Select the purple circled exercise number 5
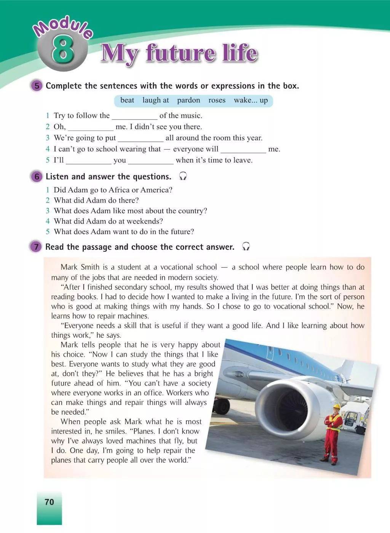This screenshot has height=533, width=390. [37, 86]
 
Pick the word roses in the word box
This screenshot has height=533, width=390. [217, 100]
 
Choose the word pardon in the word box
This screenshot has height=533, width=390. [188, 100]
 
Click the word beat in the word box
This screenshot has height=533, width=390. [127, 100]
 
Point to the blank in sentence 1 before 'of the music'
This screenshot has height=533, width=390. [134, 116]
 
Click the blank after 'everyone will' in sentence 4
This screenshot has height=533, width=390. [243, 150]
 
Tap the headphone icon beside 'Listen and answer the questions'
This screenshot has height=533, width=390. [183, 176]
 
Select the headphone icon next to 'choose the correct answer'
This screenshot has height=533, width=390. [246, 247]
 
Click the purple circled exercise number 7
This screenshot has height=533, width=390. [36, 247]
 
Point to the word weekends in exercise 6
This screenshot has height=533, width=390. [145, 221]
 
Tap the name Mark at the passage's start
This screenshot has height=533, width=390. [69, 267]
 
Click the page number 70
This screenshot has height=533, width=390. [50, 502]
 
